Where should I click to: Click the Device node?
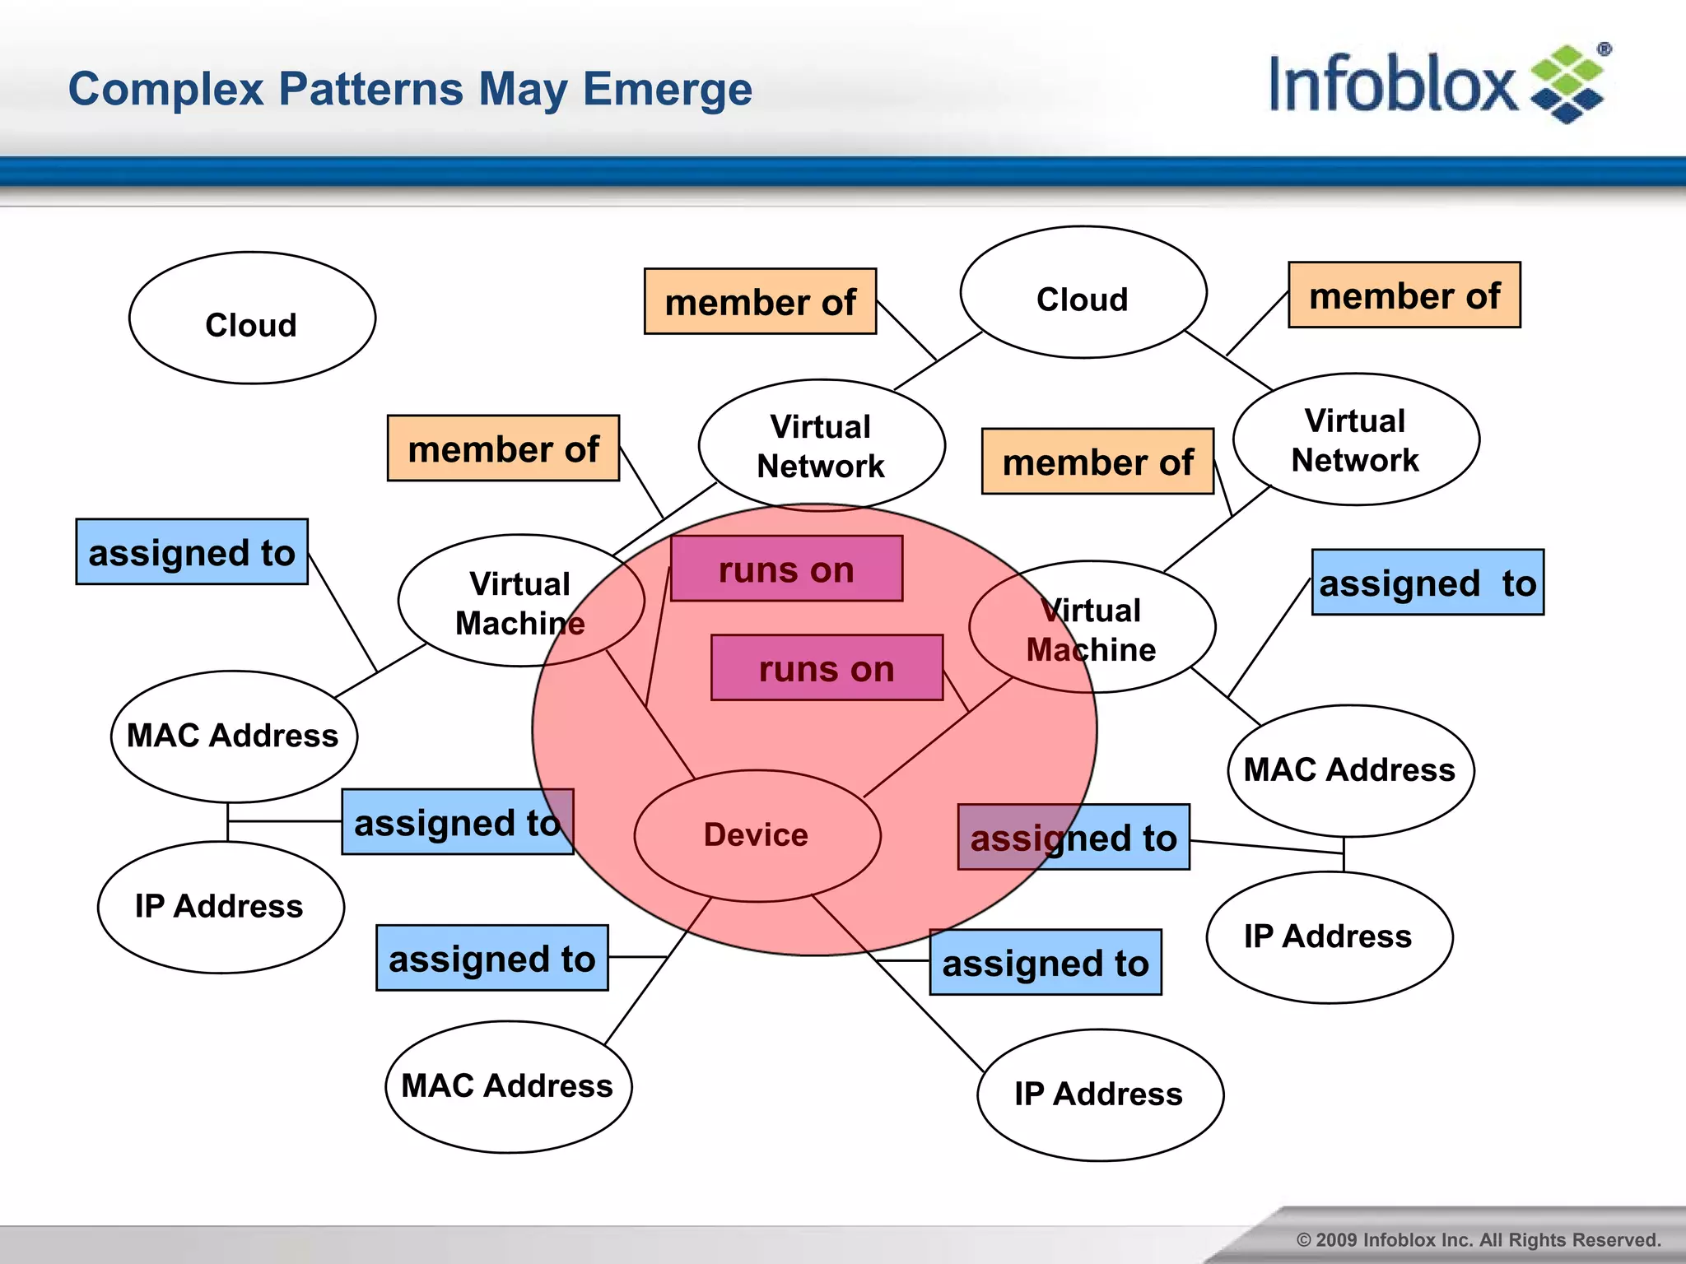tap(757, 835)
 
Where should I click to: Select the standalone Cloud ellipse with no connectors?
tap(252, 318)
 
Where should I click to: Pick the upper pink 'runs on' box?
tap(786, 569)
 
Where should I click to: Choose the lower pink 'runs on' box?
tap(827, 667)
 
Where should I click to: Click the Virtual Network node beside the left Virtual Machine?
tap(821, 445)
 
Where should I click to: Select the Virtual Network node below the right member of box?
tap(1355, 439)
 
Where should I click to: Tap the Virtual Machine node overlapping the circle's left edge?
tap(520, 602)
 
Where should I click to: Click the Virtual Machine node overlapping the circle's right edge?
tap(1091, 628)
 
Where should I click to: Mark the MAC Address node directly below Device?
tap(508, 1086)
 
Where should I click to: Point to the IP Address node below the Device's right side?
tap(1099, 1094)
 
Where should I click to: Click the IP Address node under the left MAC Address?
tap(220, 907)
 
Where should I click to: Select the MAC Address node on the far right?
tap(1350, 770)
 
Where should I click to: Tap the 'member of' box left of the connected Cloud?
tap(760, 301)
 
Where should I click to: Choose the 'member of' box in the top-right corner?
tap(1404, 295)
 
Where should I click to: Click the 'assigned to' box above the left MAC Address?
tap(192, 551)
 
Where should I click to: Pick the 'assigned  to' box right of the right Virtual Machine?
tap(1427, 582)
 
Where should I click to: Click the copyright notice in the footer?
tap(1478, 1239)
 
